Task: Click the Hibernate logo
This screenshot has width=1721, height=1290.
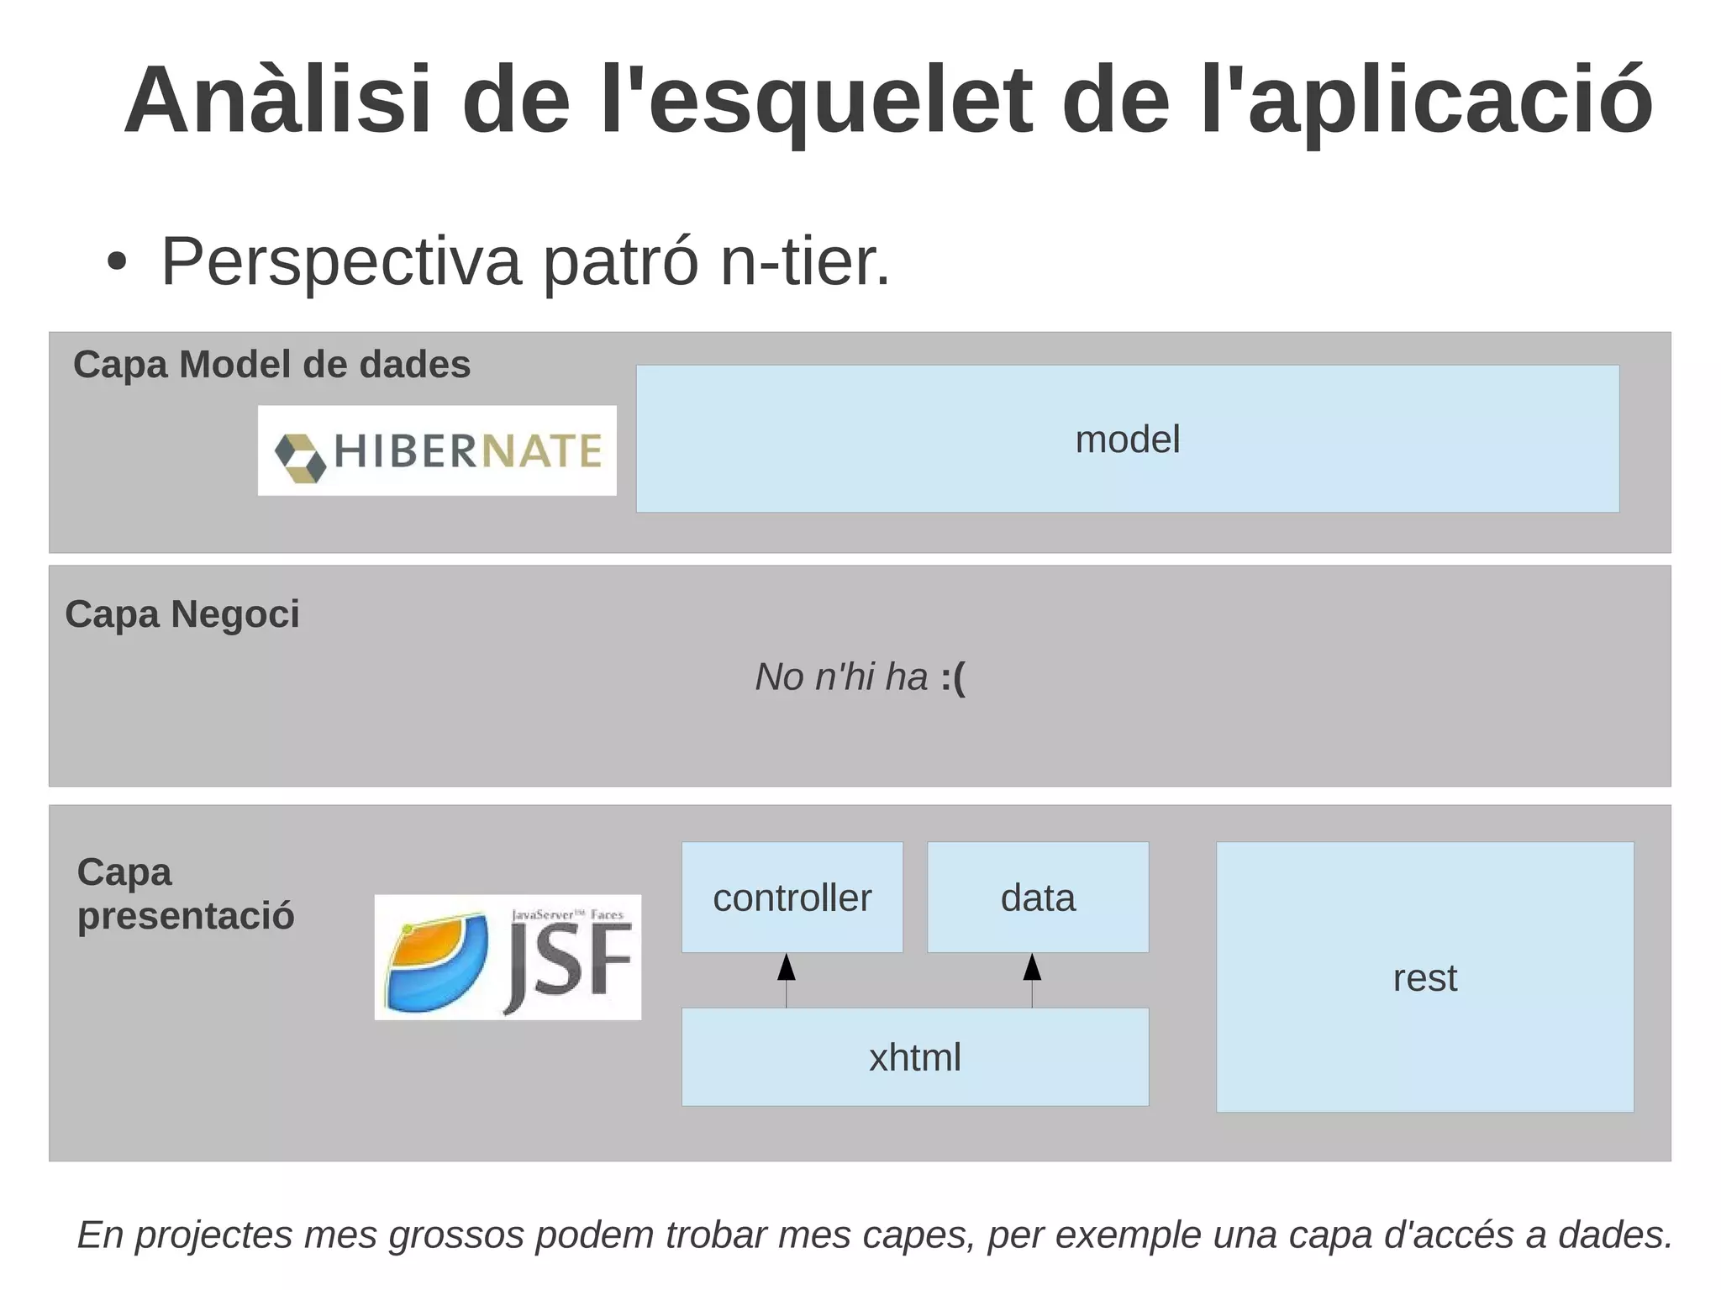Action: (x=437, y=450)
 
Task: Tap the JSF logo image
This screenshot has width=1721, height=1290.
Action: (x=508, y=956)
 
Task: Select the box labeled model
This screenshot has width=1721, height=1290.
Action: (x=1127, y=439)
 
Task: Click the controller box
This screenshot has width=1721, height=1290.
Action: (x=792, y=898)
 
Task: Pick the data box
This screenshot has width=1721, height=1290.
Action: (x=1038, y=898)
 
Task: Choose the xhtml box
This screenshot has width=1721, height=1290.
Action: (x=914, y=1057)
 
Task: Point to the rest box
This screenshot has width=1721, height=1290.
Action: (x=1424, y=977)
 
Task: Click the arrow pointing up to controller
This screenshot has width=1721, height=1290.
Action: (x=787, y=980)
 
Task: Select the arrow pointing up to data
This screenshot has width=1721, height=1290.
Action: (x=1032, y=980)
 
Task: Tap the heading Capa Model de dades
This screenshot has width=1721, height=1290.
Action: (x=271, y=365)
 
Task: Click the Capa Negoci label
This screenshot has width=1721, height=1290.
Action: (x=182, y=614)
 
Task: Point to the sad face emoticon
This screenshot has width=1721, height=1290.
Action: (x=954, y=677)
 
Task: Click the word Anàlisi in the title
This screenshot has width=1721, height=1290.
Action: (x=277, y=101)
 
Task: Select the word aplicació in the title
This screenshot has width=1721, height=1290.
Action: (x=1450, y=101)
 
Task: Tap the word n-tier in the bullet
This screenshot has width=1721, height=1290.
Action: (x=805, y=262)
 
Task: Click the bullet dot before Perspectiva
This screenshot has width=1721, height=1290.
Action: (x=117, y=263)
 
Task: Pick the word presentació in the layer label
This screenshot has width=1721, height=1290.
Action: (x=186, y=916)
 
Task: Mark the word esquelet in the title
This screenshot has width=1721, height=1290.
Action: (x=840, y=101)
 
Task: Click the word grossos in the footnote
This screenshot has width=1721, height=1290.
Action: (x=457, y=1235)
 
